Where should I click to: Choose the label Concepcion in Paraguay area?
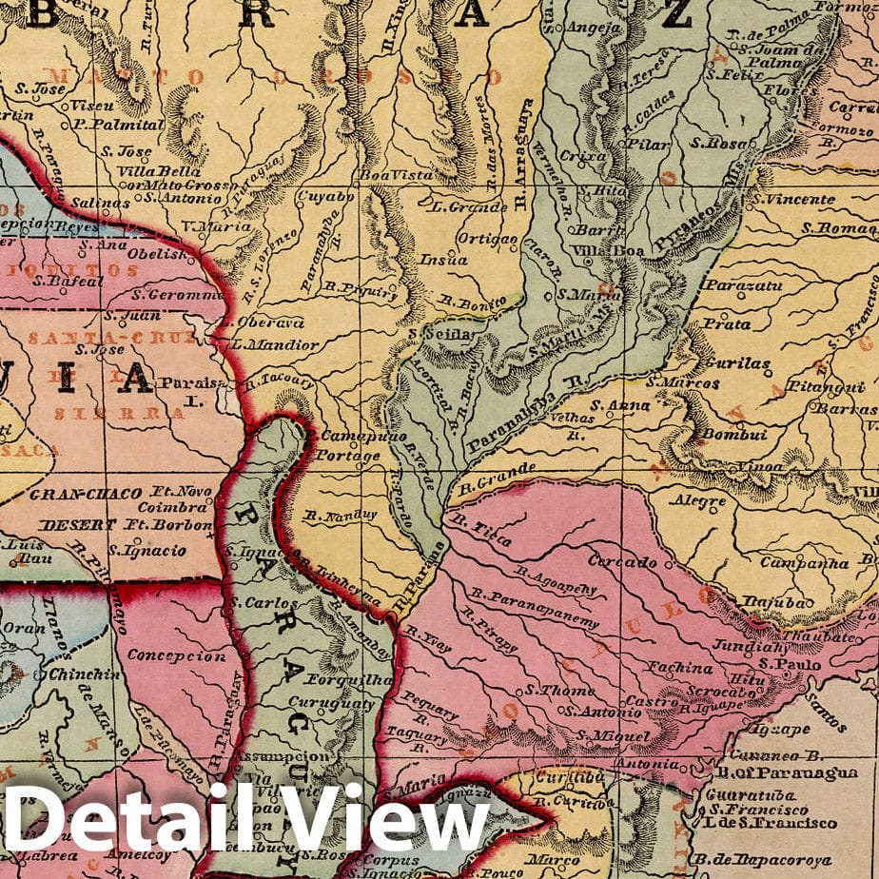177,656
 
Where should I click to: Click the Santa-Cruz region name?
86,338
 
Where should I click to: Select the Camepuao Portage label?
347,446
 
